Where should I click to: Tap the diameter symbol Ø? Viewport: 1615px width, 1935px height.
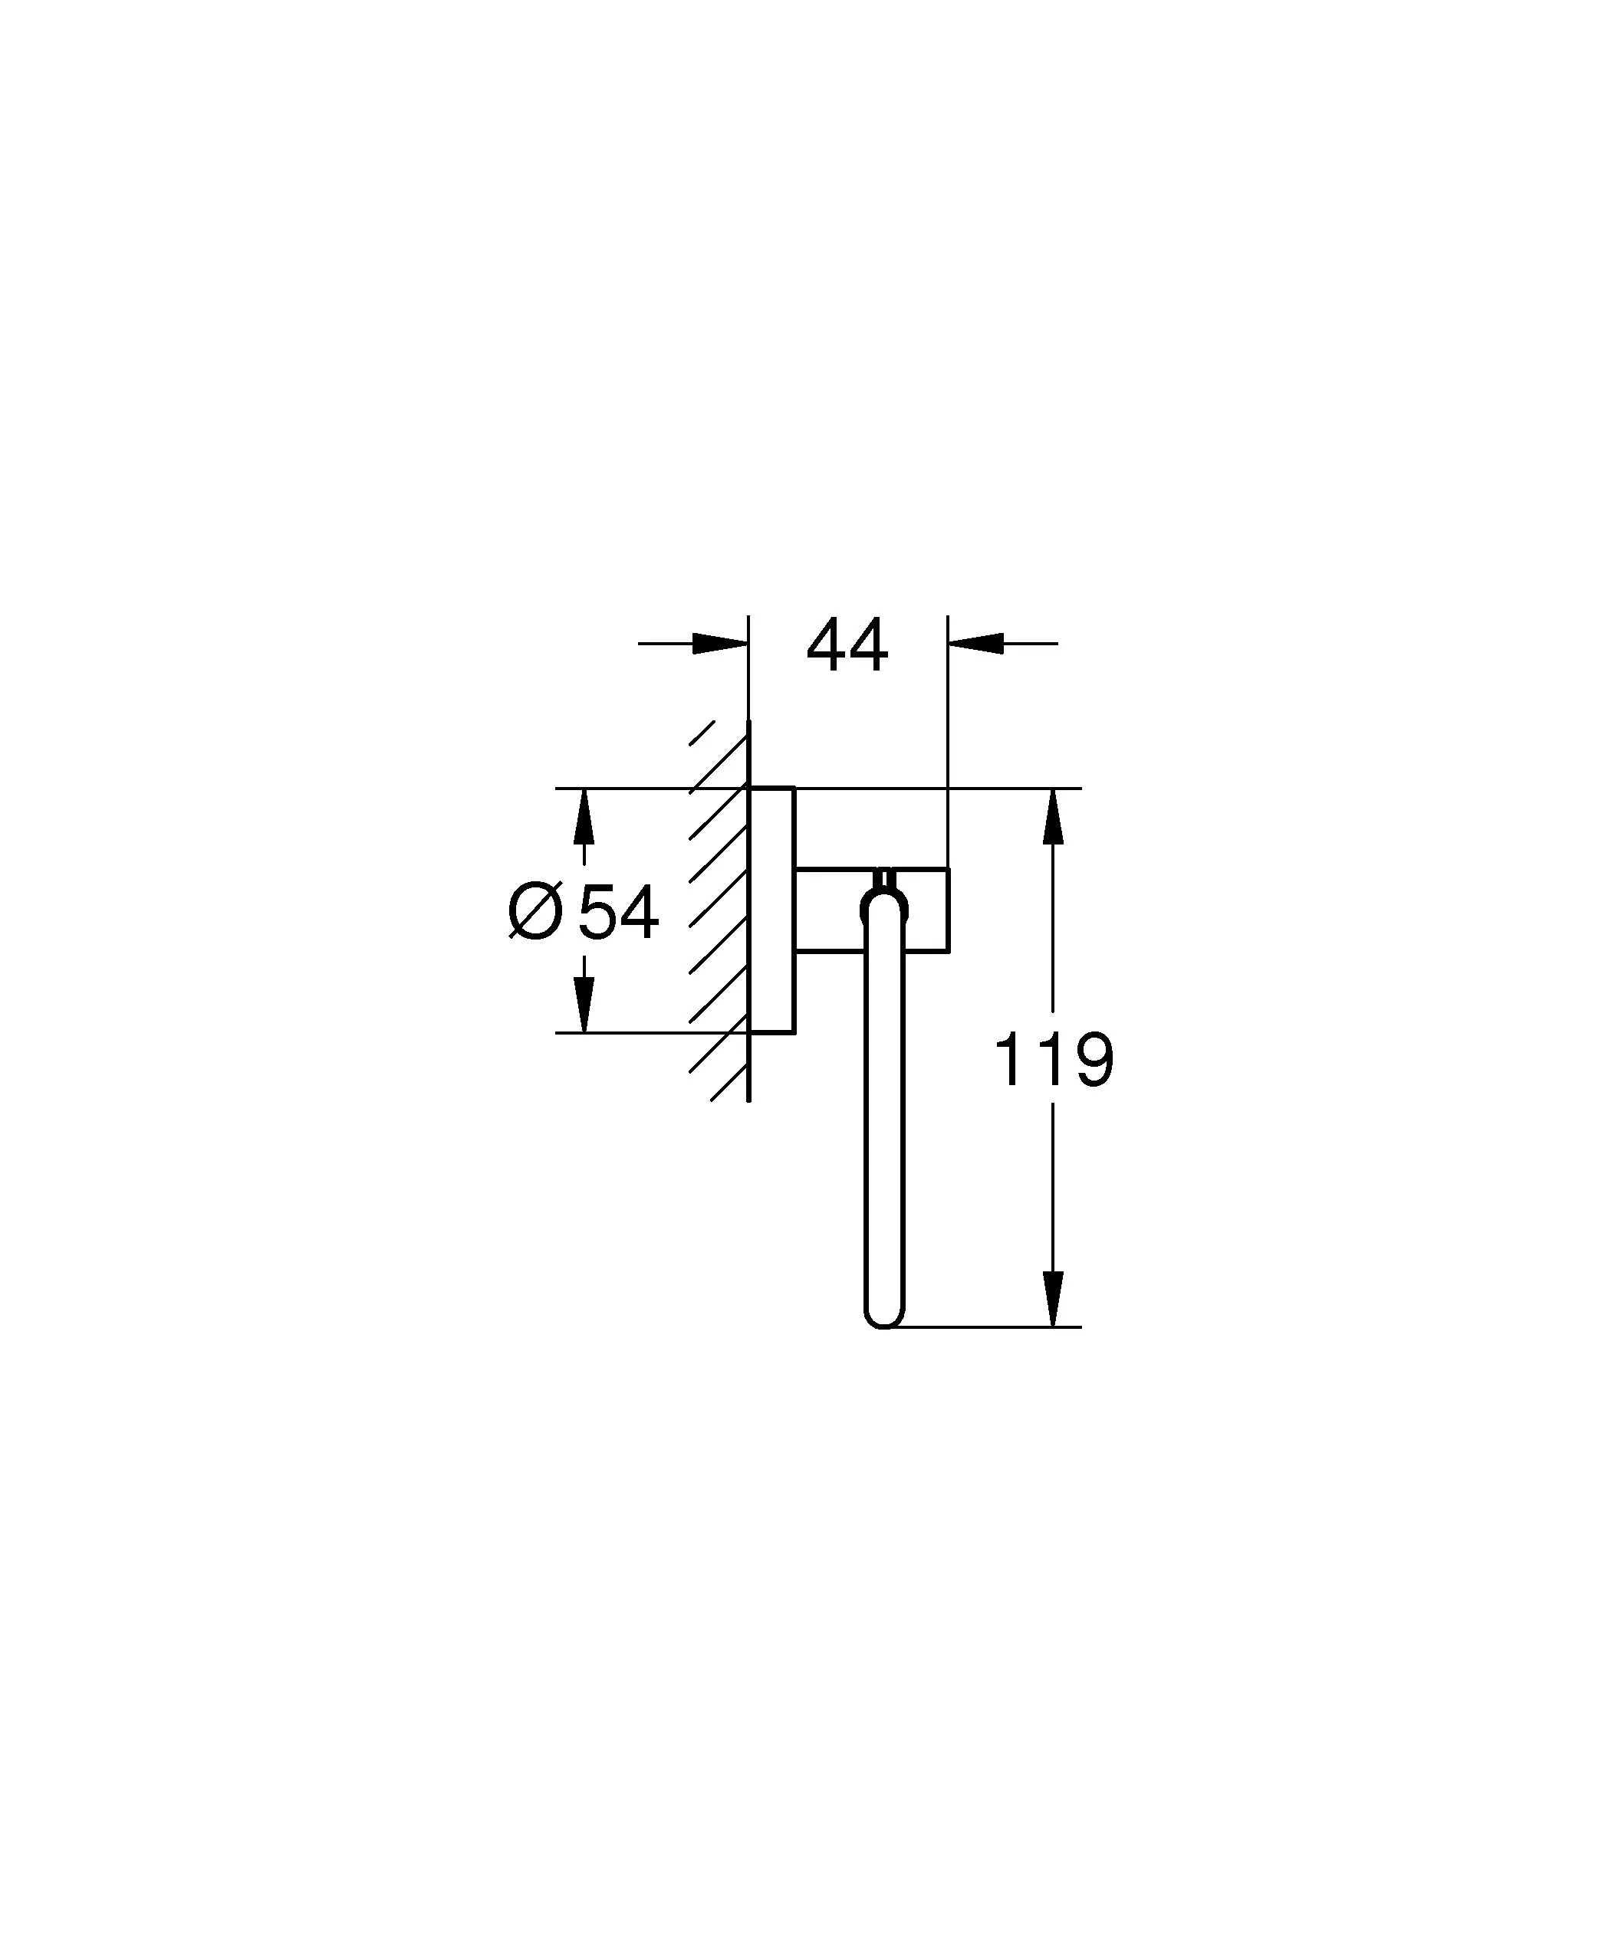click(534, 911)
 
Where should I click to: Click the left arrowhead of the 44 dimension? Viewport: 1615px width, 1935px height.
click(720, 643)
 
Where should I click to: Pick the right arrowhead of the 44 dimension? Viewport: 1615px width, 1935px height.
click(975, 643)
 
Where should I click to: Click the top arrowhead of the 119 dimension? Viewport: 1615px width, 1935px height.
click(1053, 816)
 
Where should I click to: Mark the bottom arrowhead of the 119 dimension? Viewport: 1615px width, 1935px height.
click(1053, 1298)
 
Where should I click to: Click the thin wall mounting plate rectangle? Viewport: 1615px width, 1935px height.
click(772, 910)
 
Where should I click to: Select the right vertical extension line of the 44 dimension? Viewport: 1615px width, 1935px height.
click(948, 737)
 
